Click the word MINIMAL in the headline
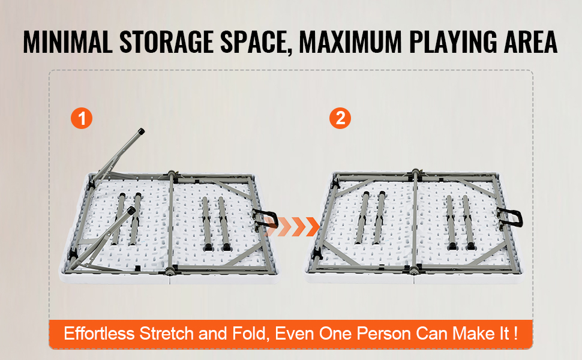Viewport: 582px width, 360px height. [68, 41]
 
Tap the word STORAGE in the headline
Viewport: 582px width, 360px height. [167, 41]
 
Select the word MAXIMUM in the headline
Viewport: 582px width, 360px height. [350, 41]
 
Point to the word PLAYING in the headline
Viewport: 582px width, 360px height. [453, 41]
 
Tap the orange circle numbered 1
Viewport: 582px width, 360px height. [82, 118]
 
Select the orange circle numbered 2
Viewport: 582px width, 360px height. [340, 118]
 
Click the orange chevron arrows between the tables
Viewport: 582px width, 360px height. [292, 226]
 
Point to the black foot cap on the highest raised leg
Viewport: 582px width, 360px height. [141, 131]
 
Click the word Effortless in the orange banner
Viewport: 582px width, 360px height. [99, 333]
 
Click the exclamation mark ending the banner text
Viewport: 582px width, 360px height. [515, 333]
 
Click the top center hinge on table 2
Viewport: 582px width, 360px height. [415, 173]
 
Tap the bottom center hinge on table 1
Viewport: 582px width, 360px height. [171, 271]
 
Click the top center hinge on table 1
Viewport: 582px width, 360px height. [171, 174]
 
